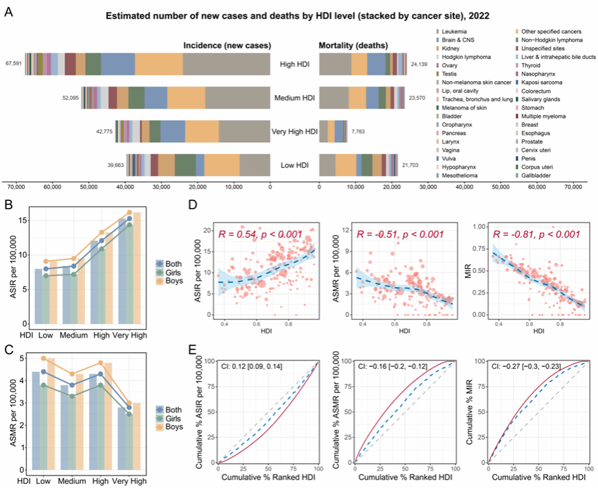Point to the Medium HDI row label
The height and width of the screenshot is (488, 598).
coord(295,98)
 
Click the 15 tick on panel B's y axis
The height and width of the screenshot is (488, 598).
coord(23,220)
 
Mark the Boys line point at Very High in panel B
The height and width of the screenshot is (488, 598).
coord(129,212)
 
